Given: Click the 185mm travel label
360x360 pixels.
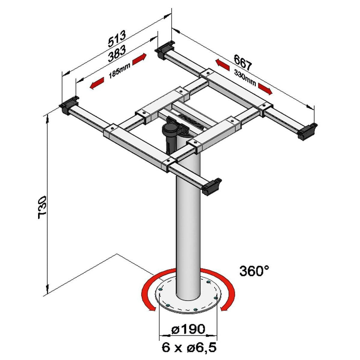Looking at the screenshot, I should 119,71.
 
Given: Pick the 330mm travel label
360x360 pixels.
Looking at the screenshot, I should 245,78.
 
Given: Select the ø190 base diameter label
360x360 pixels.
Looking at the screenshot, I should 188,329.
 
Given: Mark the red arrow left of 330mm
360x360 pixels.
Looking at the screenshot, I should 222,64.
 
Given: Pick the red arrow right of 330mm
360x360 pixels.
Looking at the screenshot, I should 265,89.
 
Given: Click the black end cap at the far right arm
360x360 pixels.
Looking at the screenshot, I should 307,131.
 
